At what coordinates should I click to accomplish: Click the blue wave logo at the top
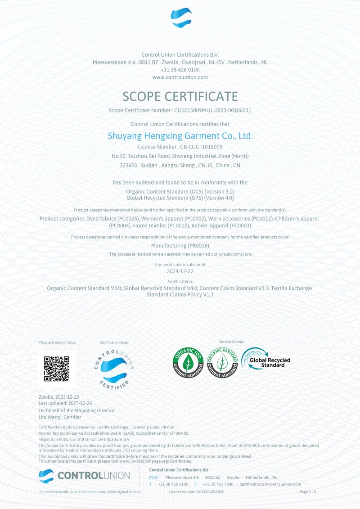181,18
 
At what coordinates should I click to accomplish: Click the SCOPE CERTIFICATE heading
180,96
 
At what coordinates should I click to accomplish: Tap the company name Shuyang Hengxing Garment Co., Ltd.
180,135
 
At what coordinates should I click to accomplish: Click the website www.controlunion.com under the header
180,77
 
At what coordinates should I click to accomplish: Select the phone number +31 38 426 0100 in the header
180,70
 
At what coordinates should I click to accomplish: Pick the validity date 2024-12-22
180,272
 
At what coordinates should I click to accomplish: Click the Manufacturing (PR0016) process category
180,246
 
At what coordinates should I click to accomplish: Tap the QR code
57,369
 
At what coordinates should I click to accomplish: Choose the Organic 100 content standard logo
188,363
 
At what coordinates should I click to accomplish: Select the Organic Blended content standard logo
222,363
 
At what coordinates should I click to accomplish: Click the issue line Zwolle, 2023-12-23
59,397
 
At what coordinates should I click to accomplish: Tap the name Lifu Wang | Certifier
60,417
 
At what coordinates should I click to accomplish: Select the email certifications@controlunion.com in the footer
270,484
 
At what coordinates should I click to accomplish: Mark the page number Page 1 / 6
308,492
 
